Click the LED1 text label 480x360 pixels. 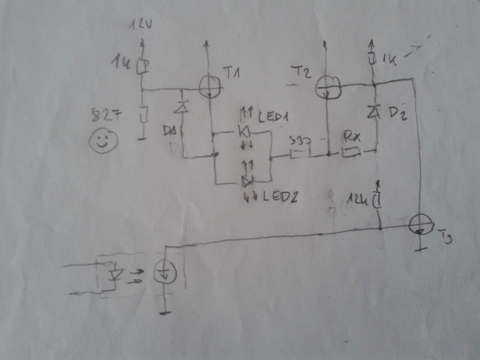[273, 117]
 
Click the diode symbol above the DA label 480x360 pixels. [182, 108]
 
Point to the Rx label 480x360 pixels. [351, 138]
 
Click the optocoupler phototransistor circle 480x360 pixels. [165, 273]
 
